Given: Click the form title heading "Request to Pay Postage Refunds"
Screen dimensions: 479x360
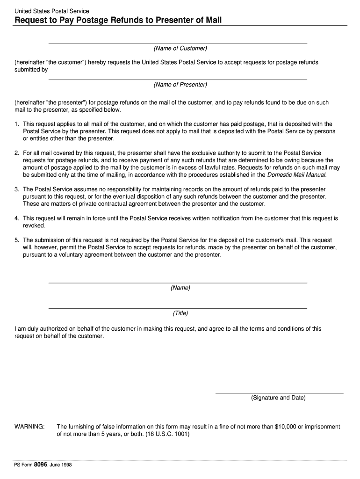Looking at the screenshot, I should (x=118, y=20).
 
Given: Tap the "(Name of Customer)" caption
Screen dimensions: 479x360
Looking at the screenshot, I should (x=180, y=49).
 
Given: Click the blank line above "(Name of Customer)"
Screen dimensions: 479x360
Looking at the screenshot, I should (x=178, y=43).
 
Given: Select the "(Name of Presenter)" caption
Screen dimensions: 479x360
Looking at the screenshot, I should (x=180, y=85).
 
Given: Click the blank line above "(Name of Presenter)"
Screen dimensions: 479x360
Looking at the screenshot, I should (x=178, y=79).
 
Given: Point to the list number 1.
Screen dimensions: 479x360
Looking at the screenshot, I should (x=16, y=124).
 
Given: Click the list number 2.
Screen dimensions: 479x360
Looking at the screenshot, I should (x=16, y=153).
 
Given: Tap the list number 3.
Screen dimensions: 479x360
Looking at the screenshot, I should (x=16, y=189).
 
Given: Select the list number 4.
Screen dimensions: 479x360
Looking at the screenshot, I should (x=16, y=218).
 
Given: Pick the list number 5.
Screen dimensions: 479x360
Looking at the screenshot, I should (x=16, y=240).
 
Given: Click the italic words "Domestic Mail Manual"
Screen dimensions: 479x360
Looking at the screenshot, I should (x=296, y=175).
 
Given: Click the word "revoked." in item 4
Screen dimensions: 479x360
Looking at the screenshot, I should (x=34, y=225).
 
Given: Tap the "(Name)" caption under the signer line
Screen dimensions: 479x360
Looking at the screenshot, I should (x=180, y=288).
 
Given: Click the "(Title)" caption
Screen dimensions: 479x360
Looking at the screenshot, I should (x=180, y=313).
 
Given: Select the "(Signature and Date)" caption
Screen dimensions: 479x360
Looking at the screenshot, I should (x=278, y=398).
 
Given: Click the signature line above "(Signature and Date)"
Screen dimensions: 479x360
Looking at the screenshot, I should (x=279, y=393).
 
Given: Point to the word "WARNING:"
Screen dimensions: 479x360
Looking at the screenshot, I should (x=29, y=427).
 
